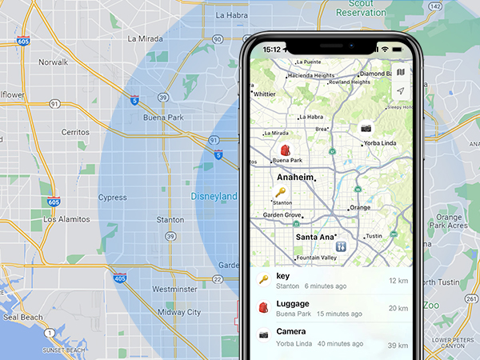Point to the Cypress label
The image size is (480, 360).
point(112,197)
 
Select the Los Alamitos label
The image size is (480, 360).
point(62,218)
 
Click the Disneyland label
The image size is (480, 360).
point(214,196)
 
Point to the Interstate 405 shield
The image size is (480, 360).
point(119,278)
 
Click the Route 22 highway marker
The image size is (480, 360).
point(217,278)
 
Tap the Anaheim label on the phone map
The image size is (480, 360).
point(294,178)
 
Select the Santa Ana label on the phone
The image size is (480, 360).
point(314,237)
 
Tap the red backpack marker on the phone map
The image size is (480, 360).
point(285,150)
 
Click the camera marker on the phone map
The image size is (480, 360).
point(366,127)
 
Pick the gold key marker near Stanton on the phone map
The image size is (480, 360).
point(280,192)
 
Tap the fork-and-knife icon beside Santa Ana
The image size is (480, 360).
point(341,246)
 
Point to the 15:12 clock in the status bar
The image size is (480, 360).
point(272,49)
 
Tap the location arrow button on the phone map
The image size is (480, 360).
point(400,91)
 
